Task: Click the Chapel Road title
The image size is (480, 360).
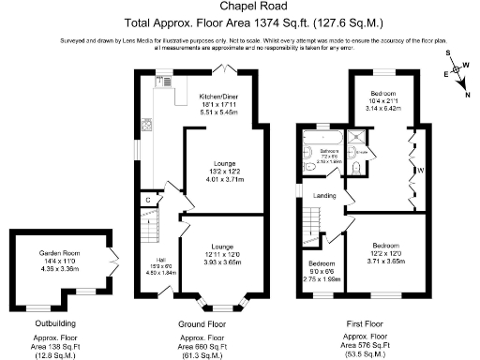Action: point(239,7)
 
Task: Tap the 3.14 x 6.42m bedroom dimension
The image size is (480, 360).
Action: point(381,108)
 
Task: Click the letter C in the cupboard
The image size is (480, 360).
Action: point(148,200)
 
